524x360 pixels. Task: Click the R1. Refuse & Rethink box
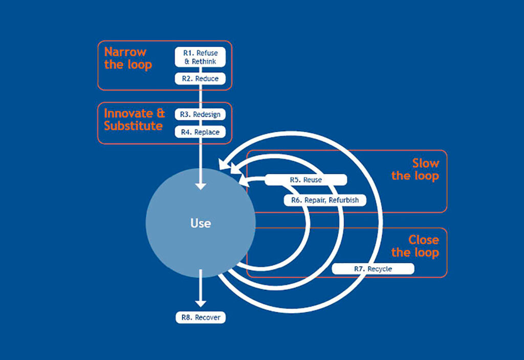200,57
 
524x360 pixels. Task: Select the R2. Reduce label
200,79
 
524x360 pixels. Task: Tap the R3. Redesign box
200,115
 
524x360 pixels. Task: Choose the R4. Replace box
200,132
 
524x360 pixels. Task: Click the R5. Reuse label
306,180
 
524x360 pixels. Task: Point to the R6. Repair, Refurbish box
325,200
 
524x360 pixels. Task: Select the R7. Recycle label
373,268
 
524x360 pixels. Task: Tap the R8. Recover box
200,318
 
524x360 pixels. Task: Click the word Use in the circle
200,223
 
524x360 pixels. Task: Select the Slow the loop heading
416,169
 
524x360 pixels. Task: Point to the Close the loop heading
416,246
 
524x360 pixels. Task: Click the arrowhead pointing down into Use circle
201,185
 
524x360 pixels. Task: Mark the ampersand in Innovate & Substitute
160,113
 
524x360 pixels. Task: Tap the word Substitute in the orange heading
133,126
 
